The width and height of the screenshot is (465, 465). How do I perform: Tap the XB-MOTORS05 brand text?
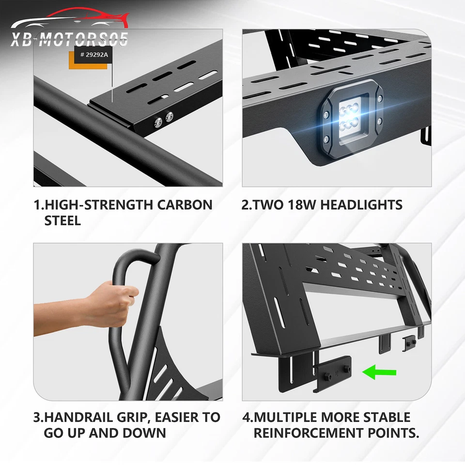pyautogui.click(x=70, y=39)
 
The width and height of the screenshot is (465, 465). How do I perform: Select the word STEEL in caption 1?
pyautogui.click(x=62, y=220)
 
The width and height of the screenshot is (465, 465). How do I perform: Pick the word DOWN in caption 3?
pyautogui.click(x=145, y=433)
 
